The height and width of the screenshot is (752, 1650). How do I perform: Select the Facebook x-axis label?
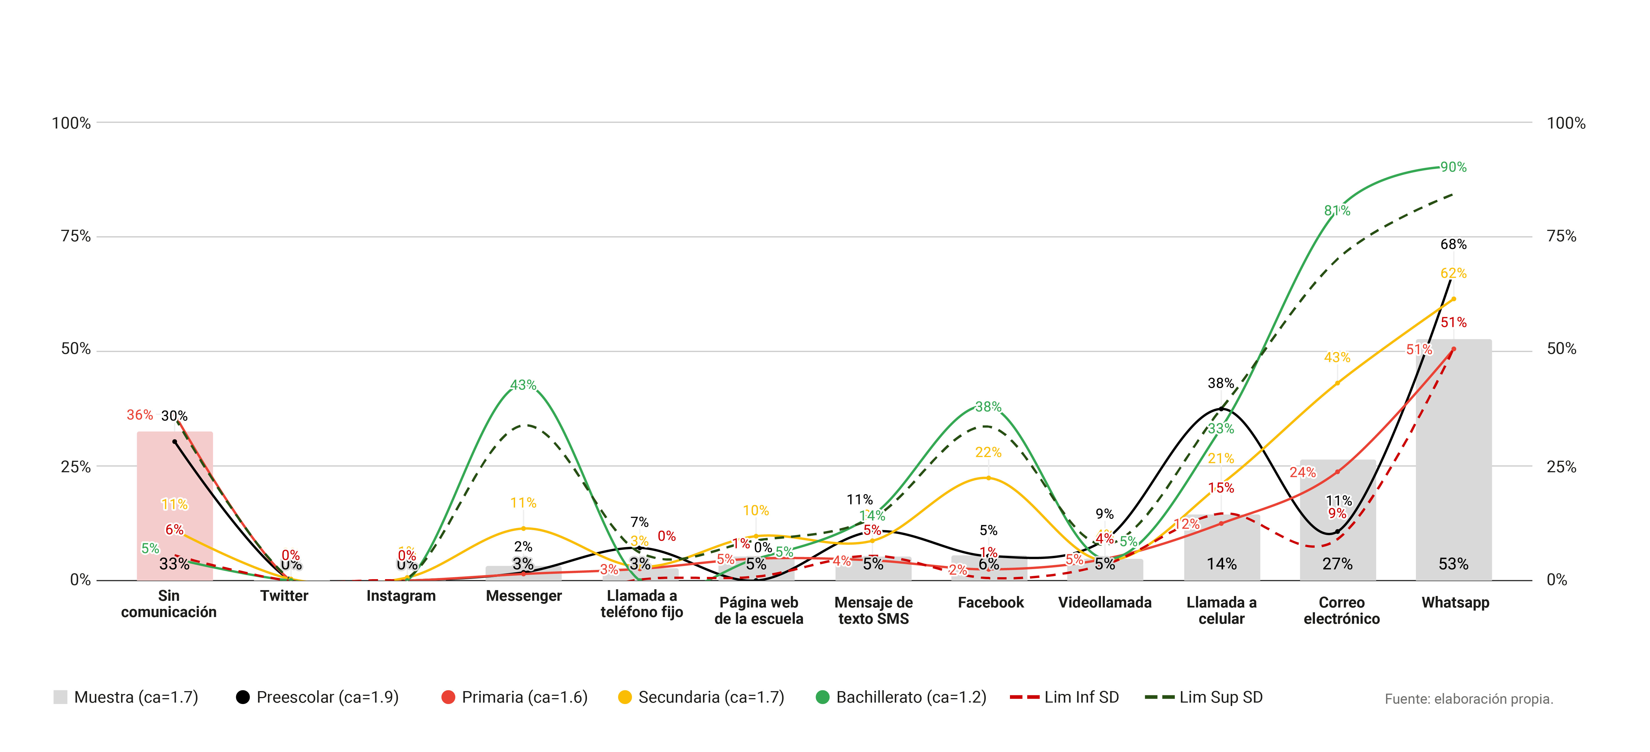[x=990, y=602]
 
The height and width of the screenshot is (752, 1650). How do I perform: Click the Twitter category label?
[x=284, y=596]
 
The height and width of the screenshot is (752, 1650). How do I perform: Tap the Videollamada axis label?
[x=1104, y=602]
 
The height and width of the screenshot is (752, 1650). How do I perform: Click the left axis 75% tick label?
[x=76, y=236]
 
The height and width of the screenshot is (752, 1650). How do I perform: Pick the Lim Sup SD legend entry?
[x=1204, y=697]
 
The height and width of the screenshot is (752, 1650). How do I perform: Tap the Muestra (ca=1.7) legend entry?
[x=126, y=697]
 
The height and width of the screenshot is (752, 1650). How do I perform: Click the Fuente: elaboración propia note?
[x=1468, y=699]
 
